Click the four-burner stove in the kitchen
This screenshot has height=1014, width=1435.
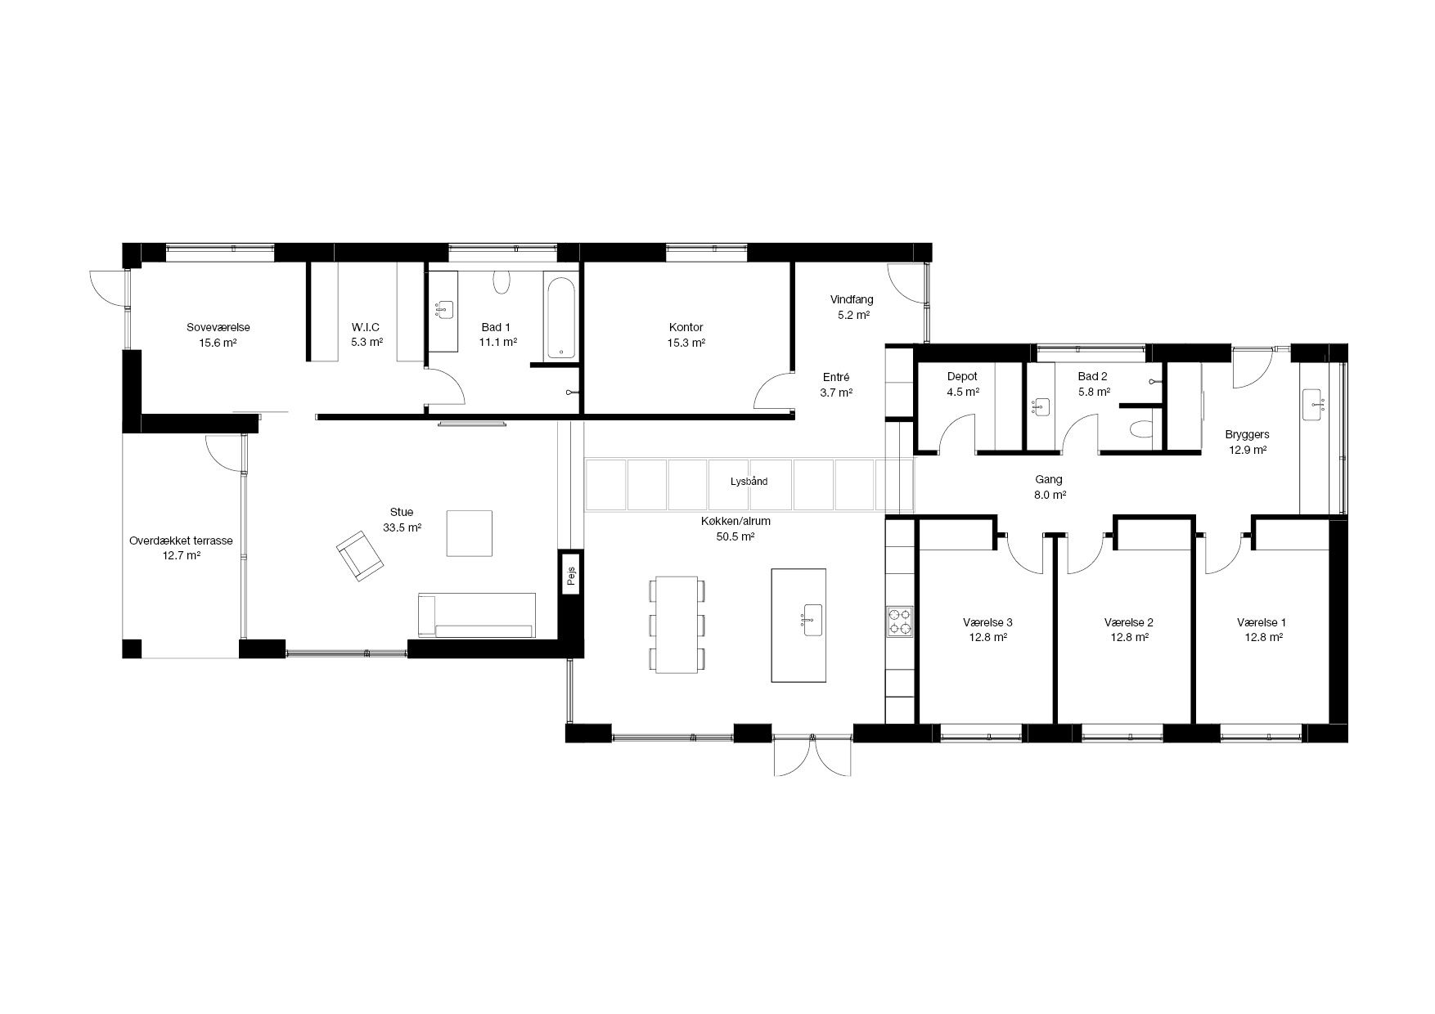[x=900, y=621]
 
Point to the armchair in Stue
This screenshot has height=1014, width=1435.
[x=359, y=555]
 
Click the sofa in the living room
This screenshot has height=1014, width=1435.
[x=476, y=615]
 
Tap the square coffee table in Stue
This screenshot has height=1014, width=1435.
[x=470, y=533]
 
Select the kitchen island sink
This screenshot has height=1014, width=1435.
[x=812, y=619]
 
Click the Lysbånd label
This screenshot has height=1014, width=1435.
[x=749, y=482]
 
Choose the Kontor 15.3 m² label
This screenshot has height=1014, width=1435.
[x=686, y=335]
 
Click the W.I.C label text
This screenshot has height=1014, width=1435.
[x=366, y=327]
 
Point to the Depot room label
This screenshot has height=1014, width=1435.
[x=962, y=377]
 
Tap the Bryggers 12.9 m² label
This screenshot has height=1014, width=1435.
[x=1247, y=442]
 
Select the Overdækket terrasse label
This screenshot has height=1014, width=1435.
[x=181, y=541]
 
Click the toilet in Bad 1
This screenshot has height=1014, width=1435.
[x=502, y=282]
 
